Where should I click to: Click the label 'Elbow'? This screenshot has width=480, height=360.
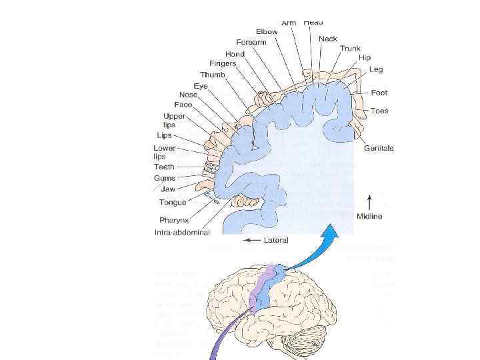click(267, 32)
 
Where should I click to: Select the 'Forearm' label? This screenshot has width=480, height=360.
click(251, 43)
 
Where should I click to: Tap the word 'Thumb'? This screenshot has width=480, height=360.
click(213, 75)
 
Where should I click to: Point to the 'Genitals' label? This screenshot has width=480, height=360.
click(379, 148)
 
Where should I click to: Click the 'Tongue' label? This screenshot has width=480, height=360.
click(173, 202)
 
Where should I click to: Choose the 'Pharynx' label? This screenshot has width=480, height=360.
click(173, 220)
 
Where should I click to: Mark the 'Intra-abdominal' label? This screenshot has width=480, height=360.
click(182, 233)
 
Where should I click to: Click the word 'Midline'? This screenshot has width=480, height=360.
click(369, 216)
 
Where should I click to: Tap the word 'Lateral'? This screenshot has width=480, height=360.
click(276, 240)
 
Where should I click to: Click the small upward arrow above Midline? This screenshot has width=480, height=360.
click(369, 199)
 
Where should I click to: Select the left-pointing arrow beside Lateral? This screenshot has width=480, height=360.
click(251, 240)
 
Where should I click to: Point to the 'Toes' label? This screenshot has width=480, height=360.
click(379, 111)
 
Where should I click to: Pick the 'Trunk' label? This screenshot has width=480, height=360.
click(350, 49)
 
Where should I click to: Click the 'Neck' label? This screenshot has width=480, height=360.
click(328, 39)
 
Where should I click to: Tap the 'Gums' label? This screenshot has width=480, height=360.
click(165, 179)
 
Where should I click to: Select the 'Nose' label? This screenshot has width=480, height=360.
click(187, 95)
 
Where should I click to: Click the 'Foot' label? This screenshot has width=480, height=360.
click(379, 93)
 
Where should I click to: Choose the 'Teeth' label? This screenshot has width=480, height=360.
click(164, 167)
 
